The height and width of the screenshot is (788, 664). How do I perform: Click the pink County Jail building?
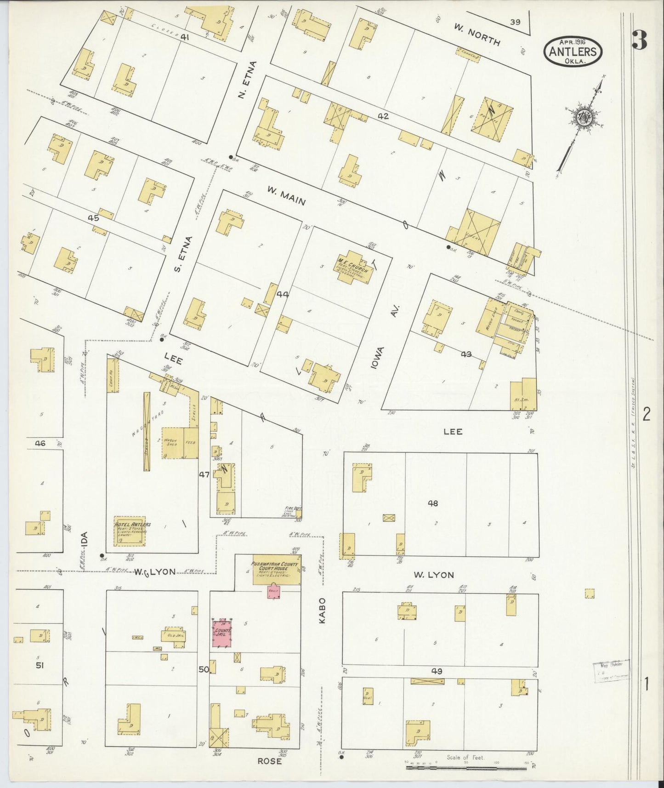pos(222,633)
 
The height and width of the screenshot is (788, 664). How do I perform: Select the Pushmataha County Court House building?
pos(276,573)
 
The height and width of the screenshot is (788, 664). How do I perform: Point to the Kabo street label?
pos(322,610)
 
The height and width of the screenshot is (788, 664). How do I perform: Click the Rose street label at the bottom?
pos(269,761)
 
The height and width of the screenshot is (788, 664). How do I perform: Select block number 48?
pos(433,503)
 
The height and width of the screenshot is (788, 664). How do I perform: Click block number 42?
pos(383,117)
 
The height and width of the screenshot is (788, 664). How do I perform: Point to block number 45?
pos(94,218)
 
